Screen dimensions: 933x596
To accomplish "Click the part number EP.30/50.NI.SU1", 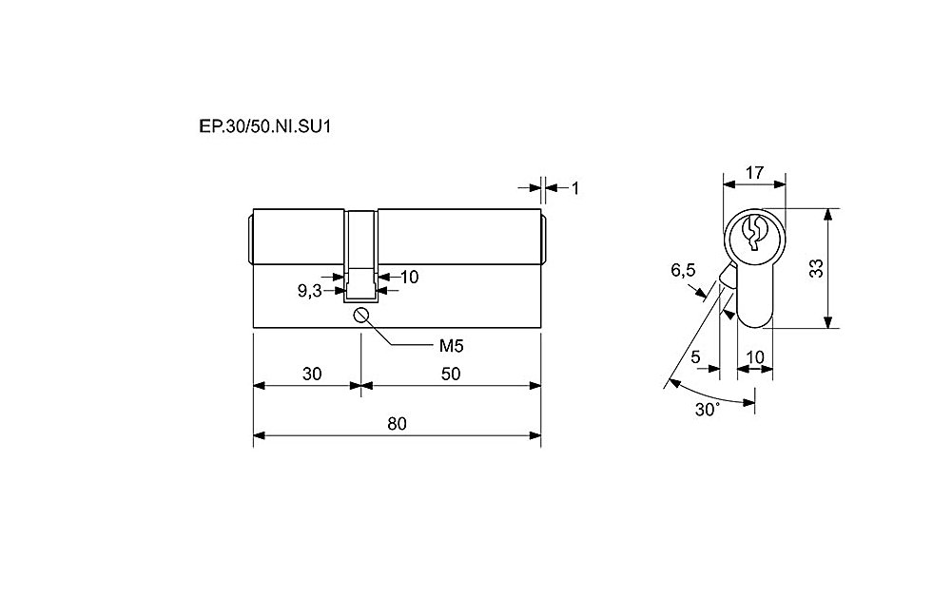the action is (x=264, y=126).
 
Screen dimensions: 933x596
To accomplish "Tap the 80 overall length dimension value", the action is (x=397, y=424).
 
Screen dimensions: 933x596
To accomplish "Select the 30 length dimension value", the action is (x=312, y=374).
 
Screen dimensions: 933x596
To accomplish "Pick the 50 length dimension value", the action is (x=451, y=374).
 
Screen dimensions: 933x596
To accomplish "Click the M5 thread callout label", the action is (x=451, y=346).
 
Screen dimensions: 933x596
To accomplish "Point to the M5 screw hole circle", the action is (x=360, y=315).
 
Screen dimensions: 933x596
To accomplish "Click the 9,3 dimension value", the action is (x=309, y=291).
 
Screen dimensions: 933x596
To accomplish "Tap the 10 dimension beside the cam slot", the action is (x=409, y=277).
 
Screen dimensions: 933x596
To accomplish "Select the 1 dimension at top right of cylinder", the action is (x=574, y=188).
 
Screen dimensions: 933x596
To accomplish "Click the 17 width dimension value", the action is (x=754, y=172).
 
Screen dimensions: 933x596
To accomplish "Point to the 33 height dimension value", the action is (x=817, y=268).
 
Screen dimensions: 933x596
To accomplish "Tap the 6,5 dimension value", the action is (x=683, y=270).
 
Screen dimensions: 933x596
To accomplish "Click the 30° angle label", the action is (x=708, y=410).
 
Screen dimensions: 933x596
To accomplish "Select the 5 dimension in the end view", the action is (x=695, y=356).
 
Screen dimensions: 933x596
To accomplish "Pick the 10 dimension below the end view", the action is (x=754, y=356).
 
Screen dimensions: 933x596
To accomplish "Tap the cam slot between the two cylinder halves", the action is (x=360, y=256).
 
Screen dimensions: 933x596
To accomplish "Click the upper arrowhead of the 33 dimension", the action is (x=827, y=215).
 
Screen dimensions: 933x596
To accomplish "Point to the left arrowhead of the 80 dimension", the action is (x=260, y=436).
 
